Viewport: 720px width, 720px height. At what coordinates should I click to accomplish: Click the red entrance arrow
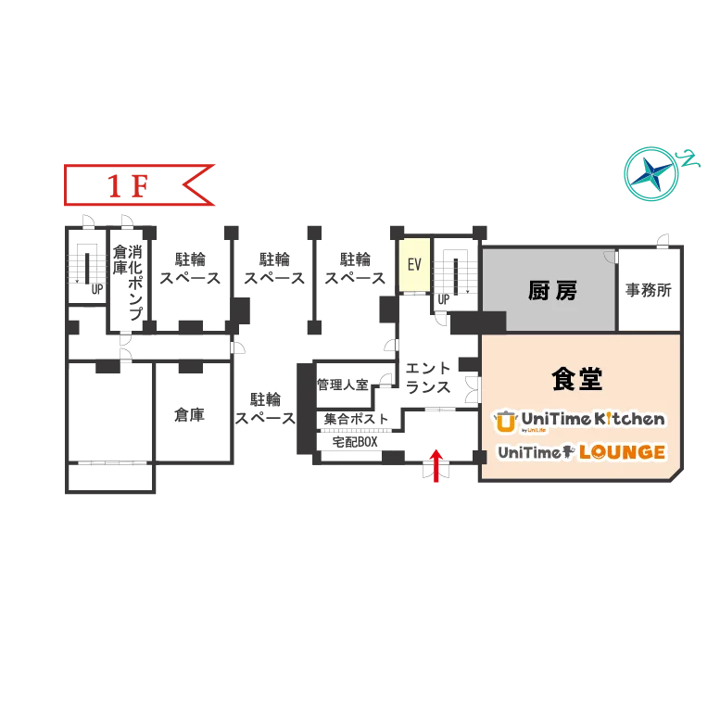(x=436, y=465)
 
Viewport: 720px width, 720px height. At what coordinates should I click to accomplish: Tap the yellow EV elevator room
(x=414, y=264)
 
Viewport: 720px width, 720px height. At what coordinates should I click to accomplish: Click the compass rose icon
(x=651, y=173)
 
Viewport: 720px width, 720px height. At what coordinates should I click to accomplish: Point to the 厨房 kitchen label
(x=552, y=290)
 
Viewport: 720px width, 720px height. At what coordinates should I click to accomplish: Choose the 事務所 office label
(x=649, y=290)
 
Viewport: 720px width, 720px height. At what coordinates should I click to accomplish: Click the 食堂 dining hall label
(x=576, y=379)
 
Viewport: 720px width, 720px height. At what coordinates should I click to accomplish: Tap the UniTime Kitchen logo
(x=579, y=421)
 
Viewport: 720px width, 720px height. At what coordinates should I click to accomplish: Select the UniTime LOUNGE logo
(x=581, y=452)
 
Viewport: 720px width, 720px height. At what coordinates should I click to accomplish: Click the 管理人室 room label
(x=343, y=385)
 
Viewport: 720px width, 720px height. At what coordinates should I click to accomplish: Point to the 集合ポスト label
(x=356, y=419)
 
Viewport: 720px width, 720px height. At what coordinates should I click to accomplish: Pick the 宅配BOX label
(x=355, y=442)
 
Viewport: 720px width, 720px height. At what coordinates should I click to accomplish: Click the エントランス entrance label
(x=428, y=377)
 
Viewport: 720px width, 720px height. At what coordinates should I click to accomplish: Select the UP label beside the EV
(x=443, y=299)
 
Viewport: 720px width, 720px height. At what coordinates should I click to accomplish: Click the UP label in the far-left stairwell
(x=97, y=289)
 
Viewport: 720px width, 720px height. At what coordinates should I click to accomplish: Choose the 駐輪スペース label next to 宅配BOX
(x=265, y=409)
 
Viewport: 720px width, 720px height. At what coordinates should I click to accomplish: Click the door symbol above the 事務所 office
(x=663, y=241)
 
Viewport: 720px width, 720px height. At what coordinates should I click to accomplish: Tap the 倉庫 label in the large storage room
(x=189, y=414)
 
